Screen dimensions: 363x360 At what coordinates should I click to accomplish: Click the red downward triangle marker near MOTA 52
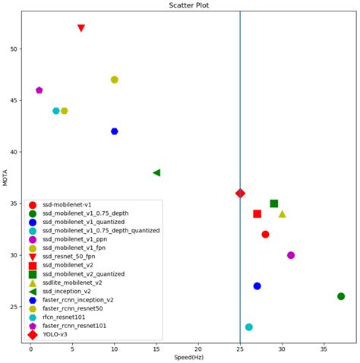[81, 28]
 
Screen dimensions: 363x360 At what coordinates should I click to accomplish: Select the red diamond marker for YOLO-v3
[240, 194]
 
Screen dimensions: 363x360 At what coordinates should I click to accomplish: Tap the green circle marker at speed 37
[341, 296]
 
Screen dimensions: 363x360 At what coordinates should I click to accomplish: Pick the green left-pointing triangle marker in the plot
[156, 173]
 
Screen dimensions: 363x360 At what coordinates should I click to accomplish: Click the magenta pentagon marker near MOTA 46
[39, 90]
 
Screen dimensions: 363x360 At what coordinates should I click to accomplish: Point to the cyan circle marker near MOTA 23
[249, 327]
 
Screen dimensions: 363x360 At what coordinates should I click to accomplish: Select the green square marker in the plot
[274, 204]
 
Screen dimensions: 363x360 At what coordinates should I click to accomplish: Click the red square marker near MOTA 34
[257, 214]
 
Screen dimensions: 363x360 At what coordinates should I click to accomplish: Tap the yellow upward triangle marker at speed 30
[283, 214]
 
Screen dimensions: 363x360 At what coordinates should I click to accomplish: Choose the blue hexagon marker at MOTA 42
[115, 131]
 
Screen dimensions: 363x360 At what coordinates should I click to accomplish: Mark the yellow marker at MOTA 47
[115, 80]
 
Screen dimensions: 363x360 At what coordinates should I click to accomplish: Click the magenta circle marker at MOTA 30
[291, 255]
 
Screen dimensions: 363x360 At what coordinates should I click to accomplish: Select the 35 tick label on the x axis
[324, 349]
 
